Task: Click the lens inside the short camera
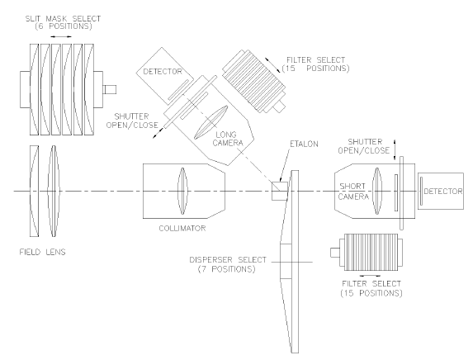(x=377, y=192)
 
